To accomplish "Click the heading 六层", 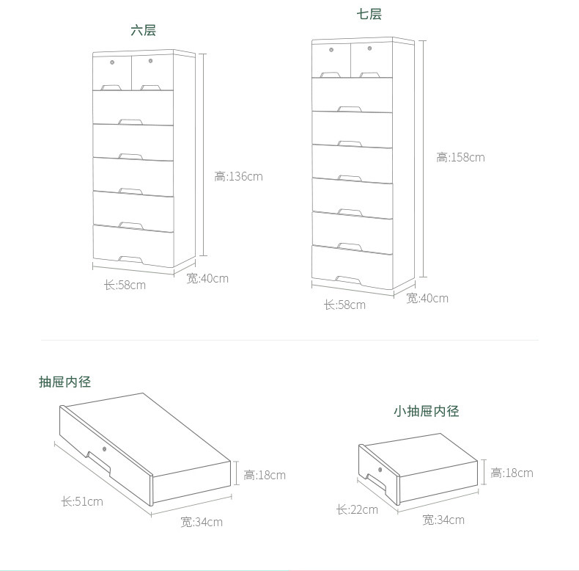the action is click(x=143, y=30).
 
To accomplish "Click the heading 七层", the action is click(x=369, y=15).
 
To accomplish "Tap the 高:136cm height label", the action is click(x=238, y=176).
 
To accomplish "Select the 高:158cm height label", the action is click(x=460, y=157).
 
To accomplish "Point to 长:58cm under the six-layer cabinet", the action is click(x=125, y=285).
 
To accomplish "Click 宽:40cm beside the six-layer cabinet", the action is click(x=207, y=278).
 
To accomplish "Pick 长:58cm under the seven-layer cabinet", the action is click(x=344, y=305).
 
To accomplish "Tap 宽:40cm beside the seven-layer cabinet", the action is click(x=427, y=298).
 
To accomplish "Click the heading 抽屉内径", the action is click(x=65, y=382).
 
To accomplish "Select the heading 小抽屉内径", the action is click(x=426, y=411).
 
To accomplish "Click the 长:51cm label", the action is click(x=82, y=502).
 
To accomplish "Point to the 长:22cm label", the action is click(x=357, y=509).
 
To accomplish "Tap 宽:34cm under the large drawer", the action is click(x=202, y=522).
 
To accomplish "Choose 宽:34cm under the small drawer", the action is click(x=443, y=520).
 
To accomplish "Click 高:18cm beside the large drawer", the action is click(x=265, y=475).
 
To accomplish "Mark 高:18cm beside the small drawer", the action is click(x=512, y=473).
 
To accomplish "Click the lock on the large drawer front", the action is click(x=105, y=448).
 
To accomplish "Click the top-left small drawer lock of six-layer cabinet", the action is click(x=112, y=62).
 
